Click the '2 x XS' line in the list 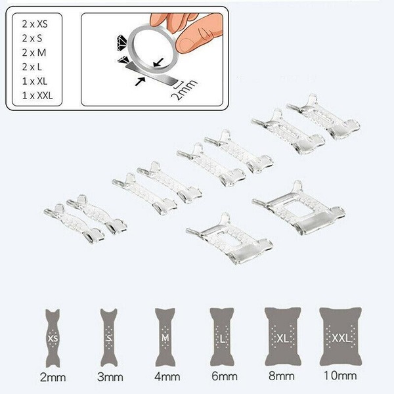click(35, 24)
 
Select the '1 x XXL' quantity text click(37, 95)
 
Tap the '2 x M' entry click(34, 53)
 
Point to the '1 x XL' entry click(35, 81)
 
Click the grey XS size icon click(53, 338)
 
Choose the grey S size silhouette click(109, 338)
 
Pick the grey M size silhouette click(165, 338)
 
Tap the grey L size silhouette click(222, 337)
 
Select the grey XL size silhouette click(282, 337)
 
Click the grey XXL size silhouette click(340, 337)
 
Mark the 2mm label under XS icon click(53, 378)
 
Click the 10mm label click(340, 376)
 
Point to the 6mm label click(225, 376)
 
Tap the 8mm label click(282, 376)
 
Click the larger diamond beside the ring click(122, 41)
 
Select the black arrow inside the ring click(158, 62)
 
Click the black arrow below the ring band click(141, 81)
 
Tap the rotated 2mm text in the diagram click(184, 90)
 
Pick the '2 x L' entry click(32, 67)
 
